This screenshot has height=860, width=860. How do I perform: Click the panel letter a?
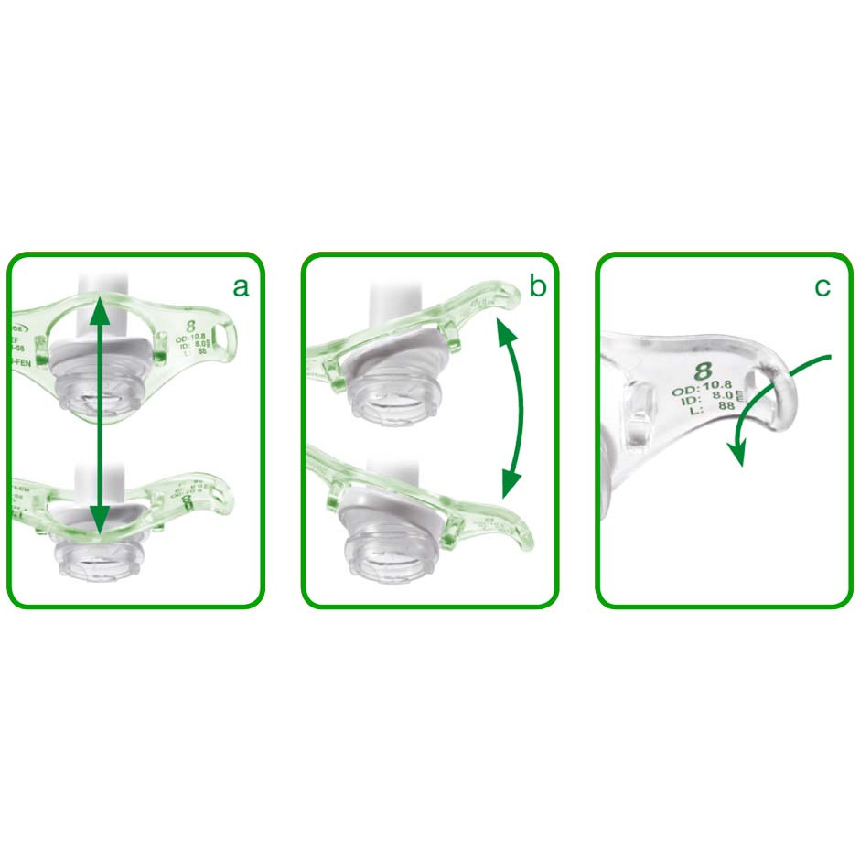(x=241, y=287)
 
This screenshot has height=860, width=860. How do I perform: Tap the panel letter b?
(x=537, y=287)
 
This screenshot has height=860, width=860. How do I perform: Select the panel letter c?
(x=822, y=287)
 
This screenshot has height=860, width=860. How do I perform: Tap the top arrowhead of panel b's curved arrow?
(x=500, y=334)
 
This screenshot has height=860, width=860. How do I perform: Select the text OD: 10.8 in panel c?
(x=703, y=391)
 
